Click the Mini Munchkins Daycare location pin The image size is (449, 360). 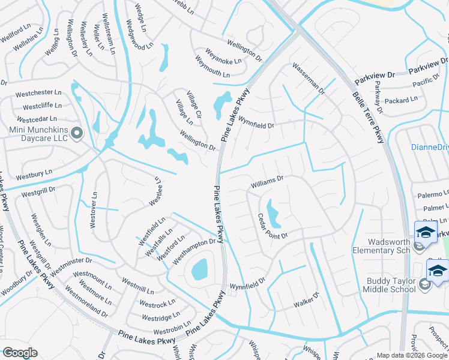pos(76,133)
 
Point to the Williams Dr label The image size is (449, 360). pos(267,179)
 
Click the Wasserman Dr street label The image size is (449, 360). pos(308,79)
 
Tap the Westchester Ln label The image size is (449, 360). pos(38,94)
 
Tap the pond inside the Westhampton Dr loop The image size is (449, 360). pos(199,269)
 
